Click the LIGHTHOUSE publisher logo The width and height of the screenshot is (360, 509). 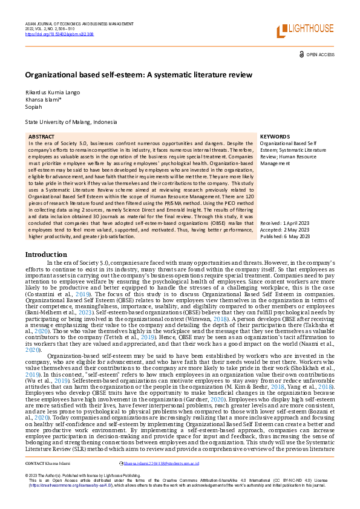pyautogui.click(x=305, y=30)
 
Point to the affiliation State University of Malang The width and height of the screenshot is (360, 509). pyautogui.click(x=71, y=122)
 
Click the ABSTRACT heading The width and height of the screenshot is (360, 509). pyautogui.click(x=41, y=137)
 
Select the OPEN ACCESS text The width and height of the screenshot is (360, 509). pyautogui.click(x=320, y=54)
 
